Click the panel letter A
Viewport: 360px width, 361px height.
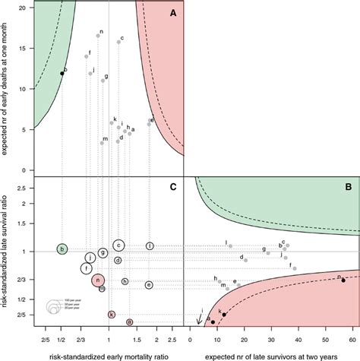(172, 13)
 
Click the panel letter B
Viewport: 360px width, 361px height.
(347, 185)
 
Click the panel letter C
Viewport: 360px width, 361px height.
(173, 186)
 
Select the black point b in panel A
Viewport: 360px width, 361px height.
(62, 74)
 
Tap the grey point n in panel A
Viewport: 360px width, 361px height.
(98, 36)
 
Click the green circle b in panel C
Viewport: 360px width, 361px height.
(62, 249)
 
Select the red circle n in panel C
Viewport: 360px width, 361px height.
(99, 280)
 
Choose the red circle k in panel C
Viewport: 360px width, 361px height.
(112, 314)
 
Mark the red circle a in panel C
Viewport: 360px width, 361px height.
(130, 322)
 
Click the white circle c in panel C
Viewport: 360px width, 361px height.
(118, 245)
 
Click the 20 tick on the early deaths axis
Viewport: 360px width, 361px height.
(26, 8)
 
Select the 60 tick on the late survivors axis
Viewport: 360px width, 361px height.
(355, 340)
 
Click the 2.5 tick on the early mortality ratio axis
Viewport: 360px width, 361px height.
(172, 340)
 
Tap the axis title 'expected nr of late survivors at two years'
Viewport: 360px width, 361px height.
(273, 354)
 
